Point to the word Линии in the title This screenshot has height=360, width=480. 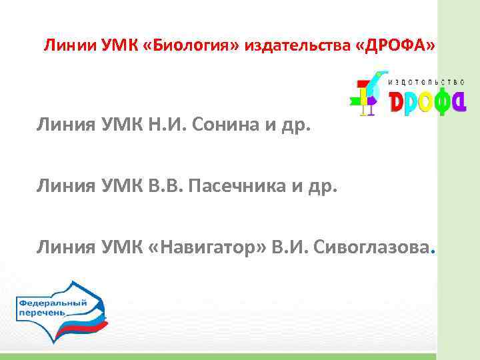[64, 46]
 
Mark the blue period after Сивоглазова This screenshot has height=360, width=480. [433, 252]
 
